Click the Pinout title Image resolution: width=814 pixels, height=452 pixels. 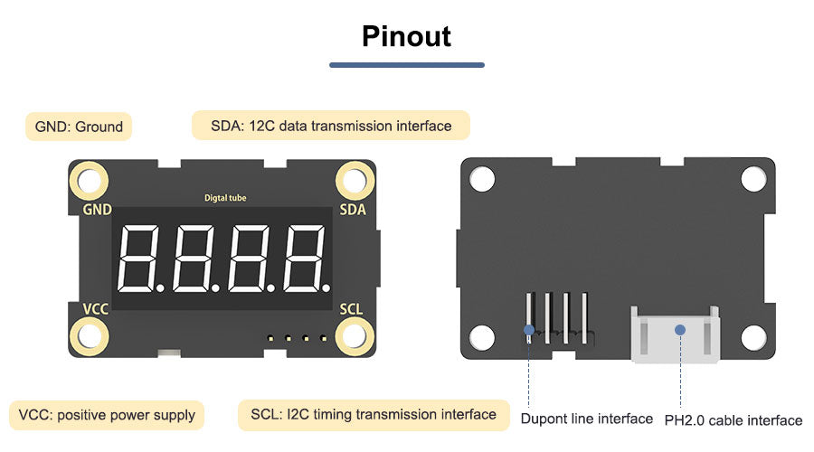(406, 36)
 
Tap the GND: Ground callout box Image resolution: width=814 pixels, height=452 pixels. (79, 127)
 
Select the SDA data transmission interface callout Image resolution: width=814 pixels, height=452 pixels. (331, 126)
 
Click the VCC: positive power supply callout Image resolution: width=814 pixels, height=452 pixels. (107, 415)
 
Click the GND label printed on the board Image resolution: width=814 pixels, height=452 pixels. (97, 210)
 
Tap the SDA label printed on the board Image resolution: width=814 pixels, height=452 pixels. (353, 210)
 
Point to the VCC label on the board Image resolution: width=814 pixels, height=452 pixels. (96, 309)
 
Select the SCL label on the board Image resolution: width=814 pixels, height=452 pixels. (351, 309)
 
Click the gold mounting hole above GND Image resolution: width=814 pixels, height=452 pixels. (90, 181)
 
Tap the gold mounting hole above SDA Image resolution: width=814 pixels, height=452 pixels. (355, 181)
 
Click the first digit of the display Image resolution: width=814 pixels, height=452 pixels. (141, 258)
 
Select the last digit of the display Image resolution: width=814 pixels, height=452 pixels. (304, 258)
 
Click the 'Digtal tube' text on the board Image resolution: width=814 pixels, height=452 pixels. (225, 198)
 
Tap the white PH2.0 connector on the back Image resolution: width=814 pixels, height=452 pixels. (675, 334)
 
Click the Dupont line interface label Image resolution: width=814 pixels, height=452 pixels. (586, 419)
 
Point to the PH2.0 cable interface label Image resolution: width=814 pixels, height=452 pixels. (733, 420)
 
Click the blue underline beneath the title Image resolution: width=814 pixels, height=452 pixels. (406, 65)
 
